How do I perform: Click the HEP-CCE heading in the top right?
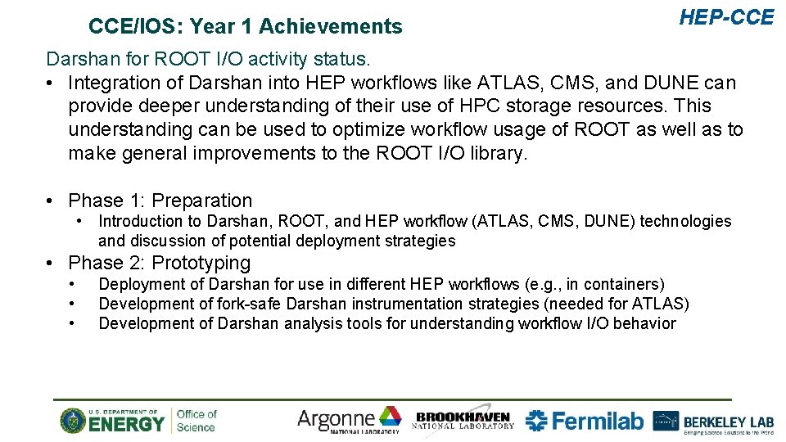(x=726, y=17)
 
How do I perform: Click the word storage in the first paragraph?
(x=580, y=106)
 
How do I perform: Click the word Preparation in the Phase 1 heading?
(x=202, y=201)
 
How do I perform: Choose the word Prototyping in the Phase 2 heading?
(x=201, y=263)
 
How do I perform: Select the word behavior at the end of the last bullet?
(x=644, y=323)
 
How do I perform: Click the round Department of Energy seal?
(x=73, y=421)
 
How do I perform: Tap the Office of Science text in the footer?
(x=196, y=421)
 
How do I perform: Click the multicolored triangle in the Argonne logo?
(x=390, y=417)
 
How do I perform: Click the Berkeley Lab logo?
(x=713, y=422)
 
